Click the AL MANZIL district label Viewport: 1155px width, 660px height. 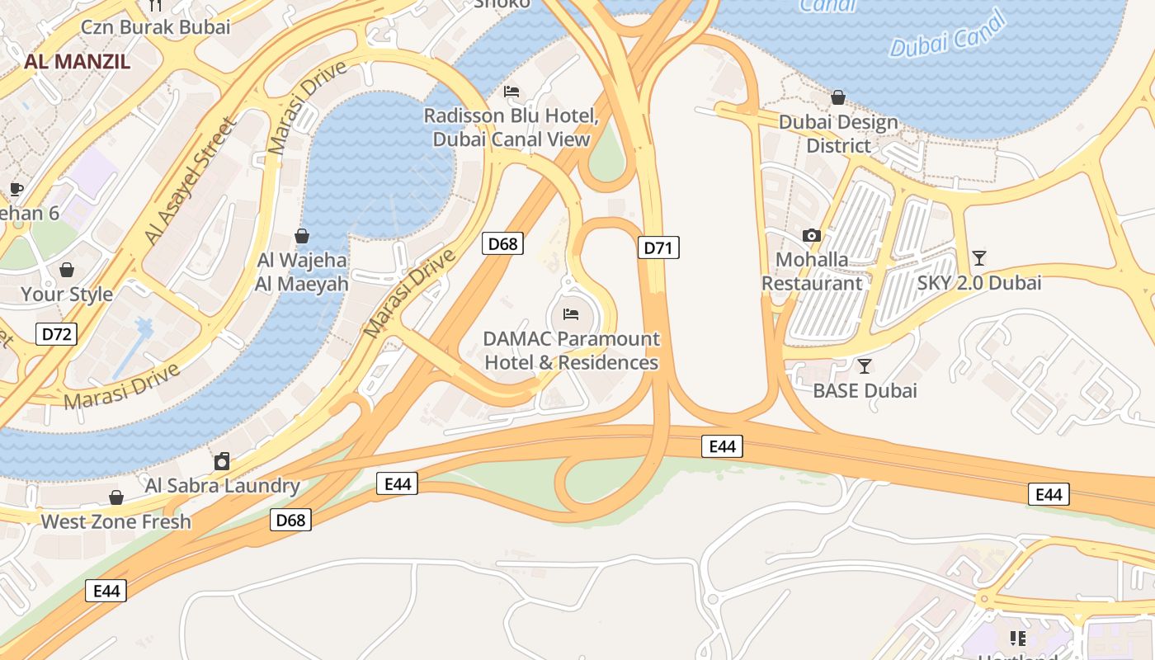[x=78, y=60]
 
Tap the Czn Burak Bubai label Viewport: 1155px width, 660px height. [x=155, y=26]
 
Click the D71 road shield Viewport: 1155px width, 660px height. [x=658, y=247]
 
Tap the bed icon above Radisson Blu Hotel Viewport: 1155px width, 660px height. [x=511, y=92]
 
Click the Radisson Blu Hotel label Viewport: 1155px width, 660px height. [x=511, y=127]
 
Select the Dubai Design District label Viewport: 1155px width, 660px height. [x=838, y=134]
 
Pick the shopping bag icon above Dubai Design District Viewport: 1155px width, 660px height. [x=838, y=98]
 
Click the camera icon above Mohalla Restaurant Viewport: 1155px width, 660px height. [x=812, y=236]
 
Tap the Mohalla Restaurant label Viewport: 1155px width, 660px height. [x=812, y=271]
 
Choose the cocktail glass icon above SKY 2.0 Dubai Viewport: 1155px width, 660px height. [x=979, y=258]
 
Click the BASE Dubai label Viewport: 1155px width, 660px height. [x=865, y=390]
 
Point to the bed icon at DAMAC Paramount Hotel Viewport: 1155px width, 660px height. [x=571, y=314]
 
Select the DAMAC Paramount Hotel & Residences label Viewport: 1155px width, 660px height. [x=571, y=351]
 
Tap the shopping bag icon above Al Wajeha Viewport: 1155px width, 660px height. [x=302, y=237]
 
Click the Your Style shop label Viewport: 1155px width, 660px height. [x=67, y=294]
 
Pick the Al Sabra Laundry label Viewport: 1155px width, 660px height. [x=222, y=485]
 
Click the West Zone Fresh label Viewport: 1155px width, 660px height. [x=115, y=521]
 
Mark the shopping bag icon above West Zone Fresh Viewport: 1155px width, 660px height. [x=116, y=497]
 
